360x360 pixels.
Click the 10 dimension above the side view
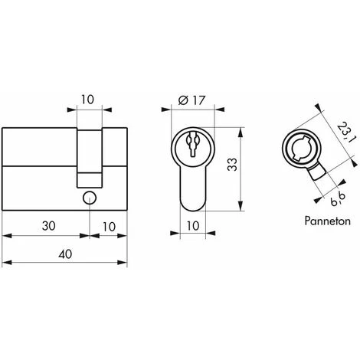click(90, 99)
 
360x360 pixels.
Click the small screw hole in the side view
click(90, 198)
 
